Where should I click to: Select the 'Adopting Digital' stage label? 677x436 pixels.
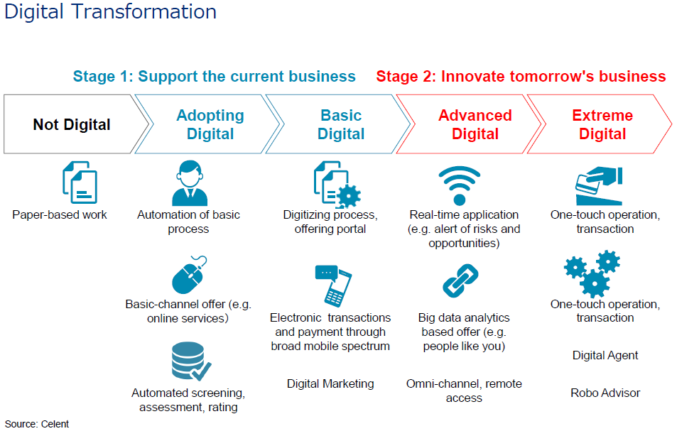[x=210, y=124]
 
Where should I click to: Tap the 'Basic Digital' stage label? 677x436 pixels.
[x=341, y=124]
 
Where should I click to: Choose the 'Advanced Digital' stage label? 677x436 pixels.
[x=475, y=124]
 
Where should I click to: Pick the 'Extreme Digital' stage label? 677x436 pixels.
[x=602, y=124]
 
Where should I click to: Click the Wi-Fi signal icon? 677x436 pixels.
[x=460, y=185]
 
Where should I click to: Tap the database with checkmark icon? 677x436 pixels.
[x=191, y=361]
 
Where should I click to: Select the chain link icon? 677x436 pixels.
[x=460, y=280]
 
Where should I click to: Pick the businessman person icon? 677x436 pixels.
[x=190, y=183]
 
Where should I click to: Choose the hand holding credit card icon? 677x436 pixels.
[x=599, y=185]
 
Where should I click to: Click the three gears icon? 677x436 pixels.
[x=592, y=273]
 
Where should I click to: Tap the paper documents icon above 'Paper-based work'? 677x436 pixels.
[x=80, y=182]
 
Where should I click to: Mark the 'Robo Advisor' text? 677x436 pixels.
[x=605, y=393]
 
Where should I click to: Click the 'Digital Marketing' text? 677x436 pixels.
[x=330, y=383]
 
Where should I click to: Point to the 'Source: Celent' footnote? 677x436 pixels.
[x=37, y=424]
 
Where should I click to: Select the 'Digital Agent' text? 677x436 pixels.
[x=605, y=355]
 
